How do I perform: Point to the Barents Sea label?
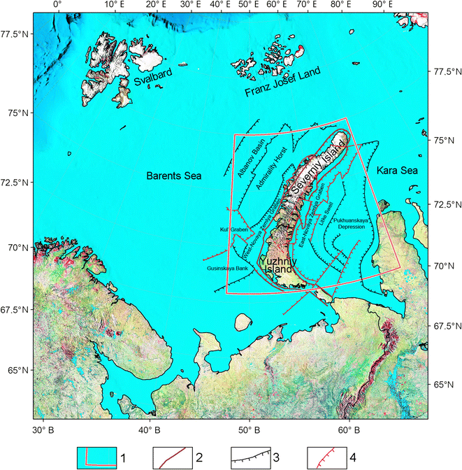pos(173,176)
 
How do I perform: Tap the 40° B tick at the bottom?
pos(147,429)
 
